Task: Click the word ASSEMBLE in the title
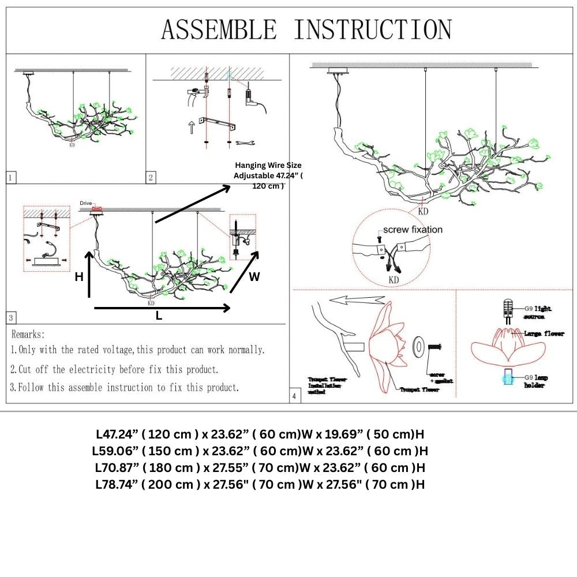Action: tap(219, 29)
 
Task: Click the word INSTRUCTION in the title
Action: tap(373, 29)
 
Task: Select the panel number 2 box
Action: tap(151, 177)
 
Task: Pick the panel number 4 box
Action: tap(295, 396)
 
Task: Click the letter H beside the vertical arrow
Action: tap(79, 277)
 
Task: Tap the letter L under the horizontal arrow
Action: tap(159, 316)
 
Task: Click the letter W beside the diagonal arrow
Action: tap(254, 277)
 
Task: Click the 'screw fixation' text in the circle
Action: tap(413, 230)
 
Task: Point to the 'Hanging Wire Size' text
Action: tap(268, 165)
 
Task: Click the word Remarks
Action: tap(28, 334)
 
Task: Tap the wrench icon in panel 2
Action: tap(248, 142)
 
